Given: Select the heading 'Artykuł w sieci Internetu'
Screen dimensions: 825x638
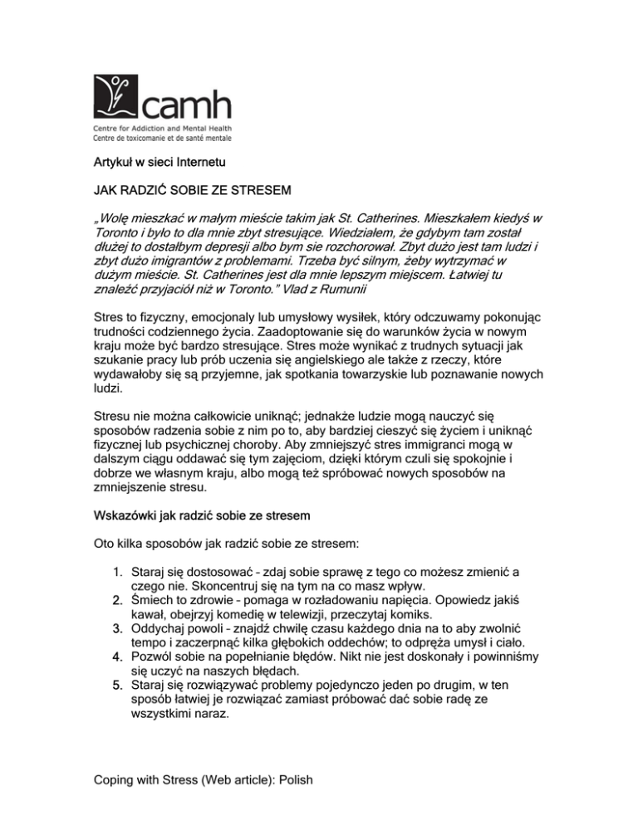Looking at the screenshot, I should [x=159, y=163].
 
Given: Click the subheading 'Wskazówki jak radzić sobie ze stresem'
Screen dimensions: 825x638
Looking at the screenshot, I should [x=201, y=515].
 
